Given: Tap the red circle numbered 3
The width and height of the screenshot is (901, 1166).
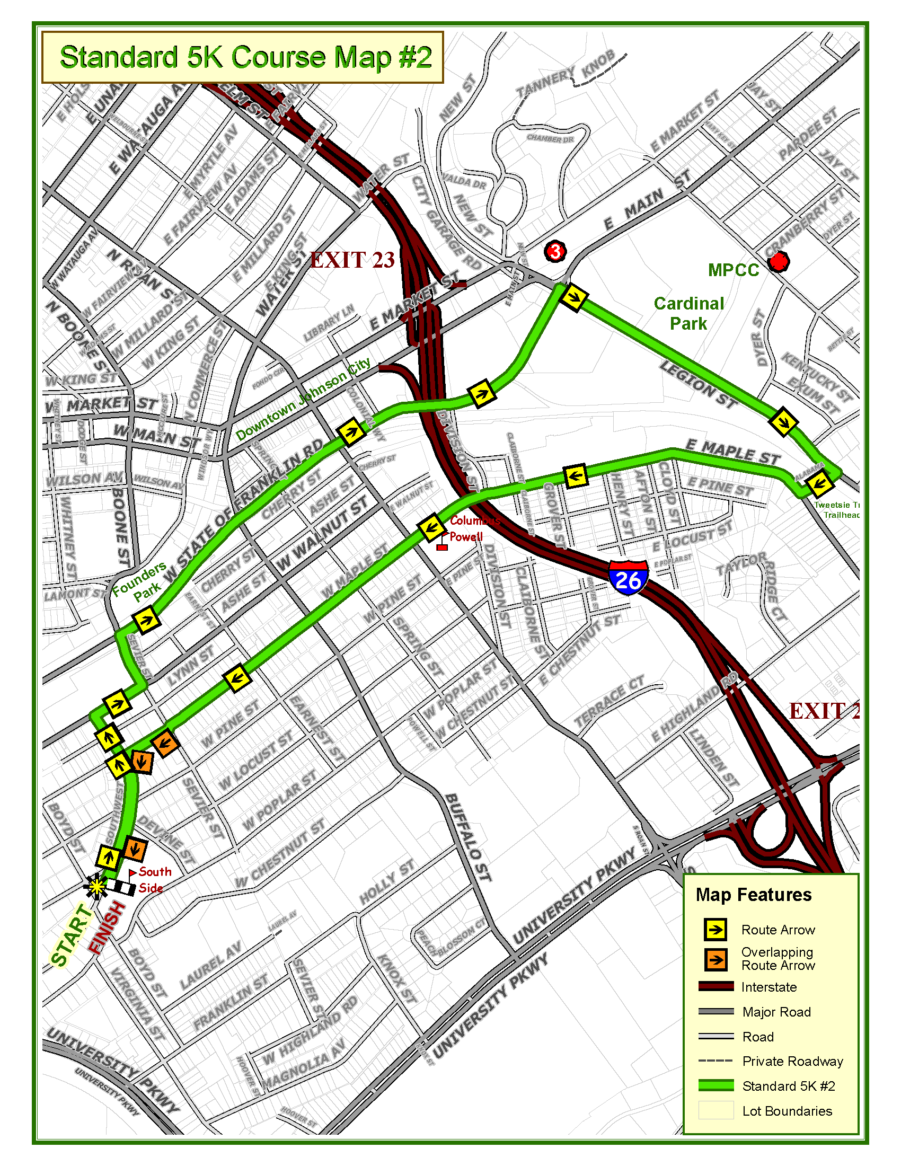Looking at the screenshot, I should (x=555, y=250).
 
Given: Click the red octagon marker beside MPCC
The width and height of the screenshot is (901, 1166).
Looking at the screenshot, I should (x=778, y=262).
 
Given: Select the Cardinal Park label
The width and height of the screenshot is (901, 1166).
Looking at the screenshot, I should (x=688, y=313).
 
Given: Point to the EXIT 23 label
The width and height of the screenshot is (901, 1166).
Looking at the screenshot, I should (x=352, y=260).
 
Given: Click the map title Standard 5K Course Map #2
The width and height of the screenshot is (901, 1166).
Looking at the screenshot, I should (x=245, y=57).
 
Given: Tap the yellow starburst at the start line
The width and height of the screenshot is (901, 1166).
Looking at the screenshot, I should (x=96, y=887).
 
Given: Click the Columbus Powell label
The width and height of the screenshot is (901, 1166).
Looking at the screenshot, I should (x=472, y=528).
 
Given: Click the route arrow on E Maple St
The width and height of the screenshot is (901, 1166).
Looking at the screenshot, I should (x=576, y=476).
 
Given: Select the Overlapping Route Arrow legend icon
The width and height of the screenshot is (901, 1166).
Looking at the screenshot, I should (x=716, y=959).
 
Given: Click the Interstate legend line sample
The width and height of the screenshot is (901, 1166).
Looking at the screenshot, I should (x=716, y=987).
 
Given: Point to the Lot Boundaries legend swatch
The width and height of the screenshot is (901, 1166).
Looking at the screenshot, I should (x=716, y=1110).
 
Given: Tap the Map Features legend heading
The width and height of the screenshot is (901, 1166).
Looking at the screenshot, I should (x=753, y=895).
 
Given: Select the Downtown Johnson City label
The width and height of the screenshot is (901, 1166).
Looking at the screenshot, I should (x=303, y=400).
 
